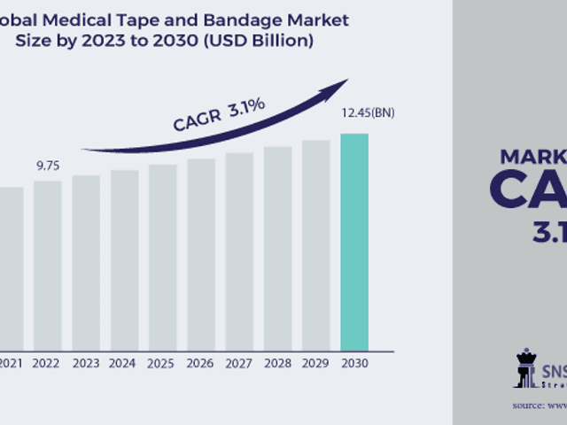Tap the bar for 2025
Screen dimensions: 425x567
pos(162,256)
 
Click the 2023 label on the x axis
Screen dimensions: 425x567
pos(86,363)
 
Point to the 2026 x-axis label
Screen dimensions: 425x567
pos(200,363)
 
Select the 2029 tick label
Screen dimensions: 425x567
pos(315,363)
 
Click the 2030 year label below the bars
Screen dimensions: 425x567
pos(354,363)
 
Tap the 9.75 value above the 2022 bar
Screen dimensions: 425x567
pos(48,166)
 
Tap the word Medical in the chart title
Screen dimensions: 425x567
pos(83,19)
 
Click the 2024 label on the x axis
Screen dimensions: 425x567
pos(124,363)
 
